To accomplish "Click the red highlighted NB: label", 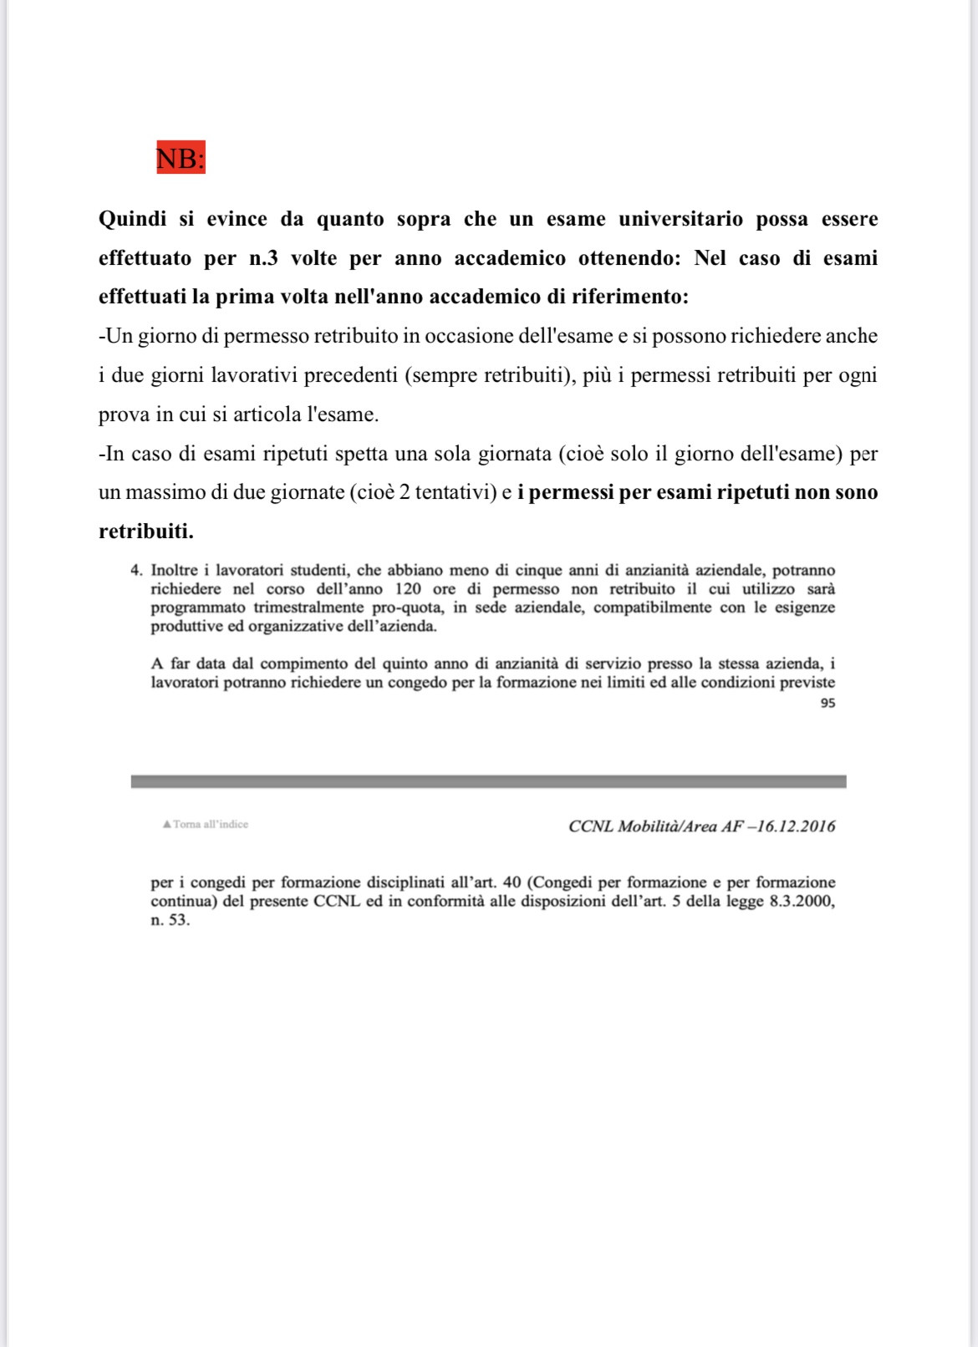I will tap(181, 157).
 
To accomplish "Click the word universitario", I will tap(680, 220).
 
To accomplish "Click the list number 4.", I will tap(136, 571).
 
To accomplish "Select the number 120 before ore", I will tap(408, 589).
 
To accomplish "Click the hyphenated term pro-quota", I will tap(406, 607).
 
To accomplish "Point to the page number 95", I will tap(828, 704).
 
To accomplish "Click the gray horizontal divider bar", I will tap(488, 781).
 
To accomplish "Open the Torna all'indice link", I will tap(206, 825).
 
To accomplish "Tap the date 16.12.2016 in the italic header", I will tap(796, 826).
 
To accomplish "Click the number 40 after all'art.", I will tap(512, 882).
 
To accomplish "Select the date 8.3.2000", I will tap(800, 902).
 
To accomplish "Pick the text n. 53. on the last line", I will tap(171, 921).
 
